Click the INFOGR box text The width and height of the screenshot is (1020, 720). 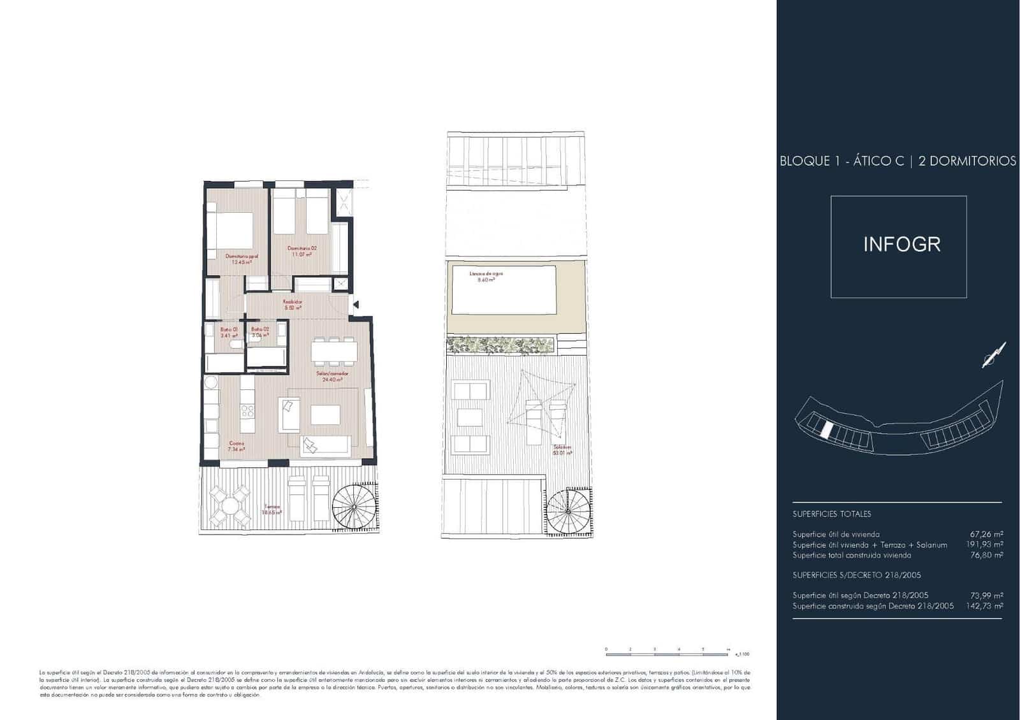click(x=901, y=245)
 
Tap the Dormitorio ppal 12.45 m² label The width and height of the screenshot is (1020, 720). click(x=241, y=259)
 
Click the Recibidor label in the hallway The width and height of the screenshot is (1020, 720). click(x=292, y=304)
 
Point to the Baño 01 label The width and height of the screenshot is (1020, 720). click(x=229, y=332)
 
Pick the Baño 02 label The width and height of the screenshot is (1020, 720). click(x=259, y=332)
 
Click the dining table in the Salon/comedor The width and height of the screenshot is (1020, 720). click(x=334, y=352)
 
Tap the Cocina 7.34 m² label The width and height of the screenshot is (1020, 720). click(x=237, y=446)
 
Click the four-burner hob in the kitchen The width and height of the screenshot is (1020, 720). click(x=247, y=411)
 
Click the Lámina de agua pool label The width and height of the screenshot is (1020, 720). click(x=486, y=277)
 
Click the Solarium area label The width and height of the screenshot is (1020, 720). click(x=562, y=450)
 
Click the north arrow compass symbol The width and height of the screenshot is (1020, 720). click(x=993, y=356)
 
